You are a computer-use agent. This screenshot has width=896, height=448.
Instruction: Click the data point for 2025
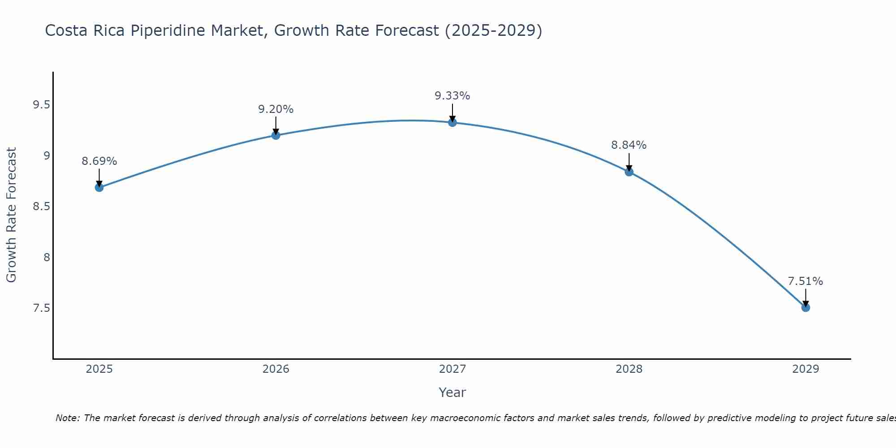pyautogui.click(x=99, y=187)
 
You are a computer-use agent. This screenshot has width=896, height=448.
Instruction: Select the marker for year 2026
pyautogui.click(x=276, y=135)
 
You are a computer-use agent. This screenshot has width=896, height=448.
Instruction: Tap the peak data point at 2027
pyautogui.click(x=452, y=122)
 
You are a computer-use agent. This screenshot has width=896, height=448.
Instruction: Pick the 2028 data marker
pyautogui.click(x=629, y=172)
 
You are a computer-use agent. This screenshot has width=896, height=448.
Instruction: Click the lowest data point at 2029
pyautogui.click(x=806, y=307)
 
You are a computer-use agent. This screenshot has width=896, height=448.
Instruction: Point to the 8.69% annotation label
pyautogui.click(x=99, y=161)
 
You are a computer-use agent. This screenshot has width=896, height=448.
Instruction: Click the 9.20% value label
pyautogui.click(x=276, y=109)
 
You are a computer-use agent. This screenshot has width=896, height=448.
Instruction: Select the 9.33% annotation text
pyautogui.click(x=452, y=96)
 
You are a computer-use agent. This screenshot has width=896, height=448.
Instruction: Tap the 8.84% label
pyautogui.click(x=629, y=145)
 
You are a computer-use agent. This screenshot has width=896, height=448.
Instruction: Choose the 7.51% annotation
pyautogui.click(x=806, y=281)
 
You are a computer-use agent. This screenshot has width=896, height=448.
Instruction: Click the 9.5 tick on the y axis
pyautogui.click(x=41, y=105)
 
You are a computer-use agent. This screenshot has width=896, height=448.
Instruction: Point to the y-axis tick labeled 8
pyautogui.click(x=46, y=258)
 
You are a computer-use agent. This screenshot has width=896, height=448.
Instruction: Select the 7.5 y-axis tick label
pyautogui.click(x=41, y=308)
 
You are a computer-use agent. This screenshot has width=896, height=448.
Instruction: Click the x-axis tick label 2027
pyautogui.click(x=452, y=369)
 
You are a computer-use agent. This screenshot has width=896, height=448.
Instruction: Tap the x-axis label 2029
pyautogui.click(x=806, y=369)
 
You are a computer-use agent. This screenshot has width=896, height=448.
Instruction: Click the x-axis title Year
pyautogui.click(x=452, y=392)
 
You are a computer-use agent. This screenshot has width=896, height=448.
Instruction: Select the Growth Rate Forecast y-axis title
pyautogui.click(x=11, y=215)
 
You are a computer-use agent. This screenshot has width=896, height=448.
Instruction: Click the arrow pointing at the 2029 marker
pyautogui.click(x=806, y=297)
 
